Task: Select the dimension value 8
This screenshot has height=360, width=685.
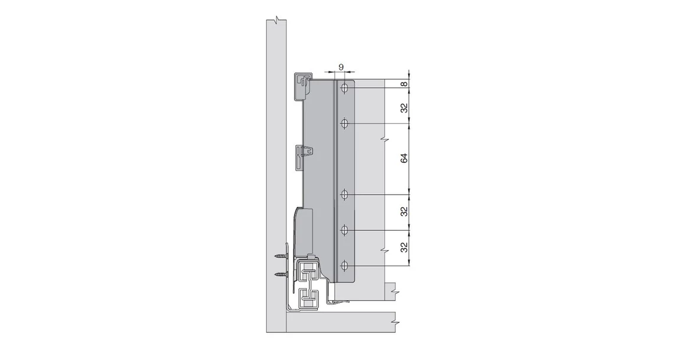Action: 404,84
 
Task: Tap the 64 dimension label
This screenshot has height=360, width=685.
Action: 404,159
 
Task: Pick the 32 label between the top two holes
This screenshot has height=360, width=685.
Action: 404,109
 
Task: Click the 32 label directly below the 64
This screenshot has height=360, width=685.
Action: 404,211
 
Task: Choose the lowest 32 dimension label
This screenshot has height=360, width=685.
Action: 404,247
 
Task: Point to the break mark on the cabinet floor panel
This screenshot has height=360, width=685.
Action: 394,323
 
